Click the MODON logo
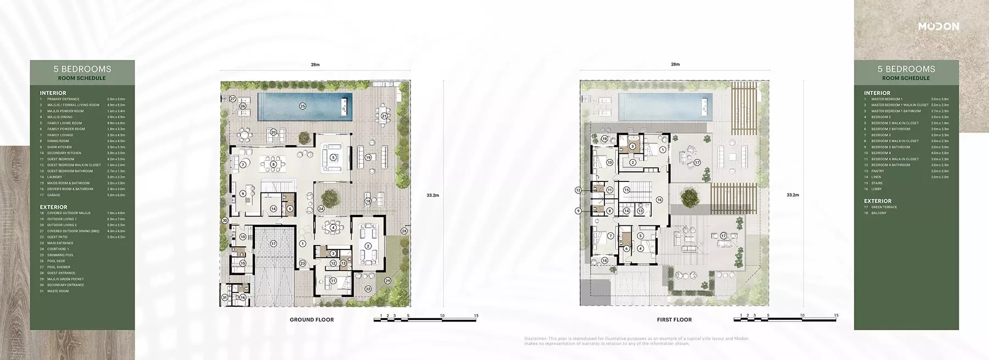click(x=938, y=26)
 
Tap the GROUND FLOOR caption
click(x=312, y=319)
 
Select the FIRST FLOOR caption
click(x=674, y=319)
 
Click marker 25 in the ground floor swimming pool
click(x=302, y=106)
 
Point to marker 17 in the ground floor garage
click(x=273, y=243)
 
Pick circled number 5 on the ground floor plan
click(x=333, y=157)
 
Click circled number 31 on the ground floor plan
click(x=225, y=297)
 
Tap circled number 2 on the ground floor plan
click(x=368, y=246)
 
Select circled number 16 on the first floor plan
click(x=659, y=200)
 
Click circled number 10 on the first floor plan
click(x=610, y=163)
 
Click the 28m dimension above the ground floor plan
click(x=315, y=65)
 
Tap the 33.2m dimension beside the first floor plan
click(x=792, y=195)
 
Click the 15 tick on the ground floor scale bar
click(x=476, y=315)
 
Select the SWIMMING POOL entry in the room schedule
click(x=60, y=255)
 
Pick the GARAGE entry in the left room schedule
click(x=54, y=195)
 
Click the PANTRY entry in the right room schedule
click(x=877, y=171)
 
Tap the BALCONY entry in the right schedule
click(x=879, y=213)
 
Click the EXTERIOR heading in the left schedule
click(x=53, y=207)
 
